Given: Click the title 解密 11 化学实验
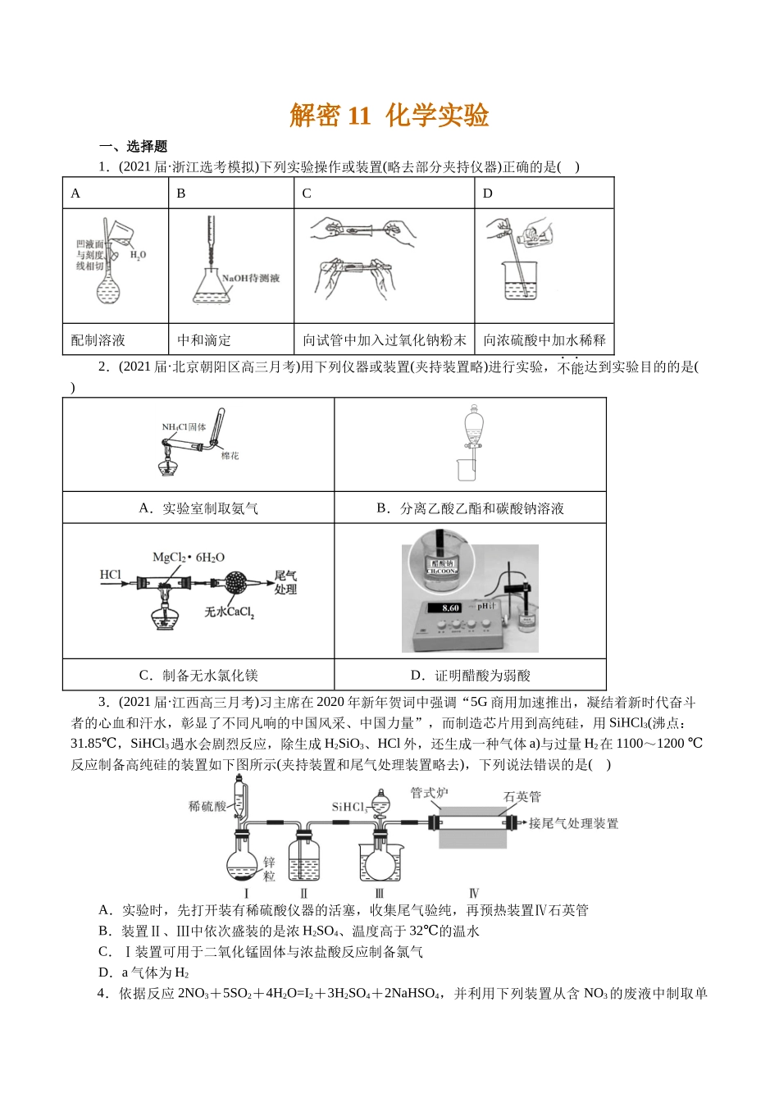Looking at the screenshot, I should pyautogui.click(x=389, y=116).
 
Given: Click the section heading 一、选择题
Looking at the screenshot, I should pyautogui.click(x=133, y=147).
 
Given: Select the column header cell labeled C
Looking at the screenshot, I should pyautogui.click(x=307, y=194).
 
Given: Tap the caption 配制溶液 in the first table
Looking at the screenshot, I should pyautogui.click(x=98, y=340).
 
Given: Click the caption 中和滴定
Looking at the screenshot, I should pyautogui.click(x=204, y=340).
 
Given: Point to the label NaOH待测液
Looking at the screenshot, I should pyautogui.click(x=251, y=278).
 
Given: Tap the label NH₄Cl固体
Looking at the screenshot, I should pyautogui.click(x=184, y=427).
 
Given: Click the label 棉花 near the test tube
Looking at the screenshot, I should pyautogui.click(x=230, y=456).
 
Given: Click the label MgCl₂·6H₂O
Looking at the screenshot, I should pyautogui.click(x=188, y=558).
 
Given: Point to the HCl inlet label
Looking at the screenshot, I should pyautogui.click(x=110, y=575).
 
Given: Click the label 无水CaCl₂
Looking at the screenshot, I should pyautogui.click(x=229, y=612).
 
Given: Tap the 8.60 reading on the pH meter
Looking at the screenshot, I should pyautogui.click(x=450, y=608).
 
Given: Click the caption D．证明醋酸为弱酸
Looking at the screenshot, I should pyautogui.click(x=470, y=676).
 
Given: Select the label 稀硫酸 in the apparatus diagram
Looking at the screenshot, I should pyautogui.click(x=207, y=806).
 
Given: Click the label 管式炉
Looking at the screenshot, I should pyautogui.click(x=429, y=793).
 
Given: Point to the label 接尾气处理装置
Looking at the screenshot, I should pyautogui.click(x=573, y=823).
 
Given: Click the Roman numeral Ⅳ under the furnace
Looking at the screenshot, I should pyautogui.click(x=474, y=893).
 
